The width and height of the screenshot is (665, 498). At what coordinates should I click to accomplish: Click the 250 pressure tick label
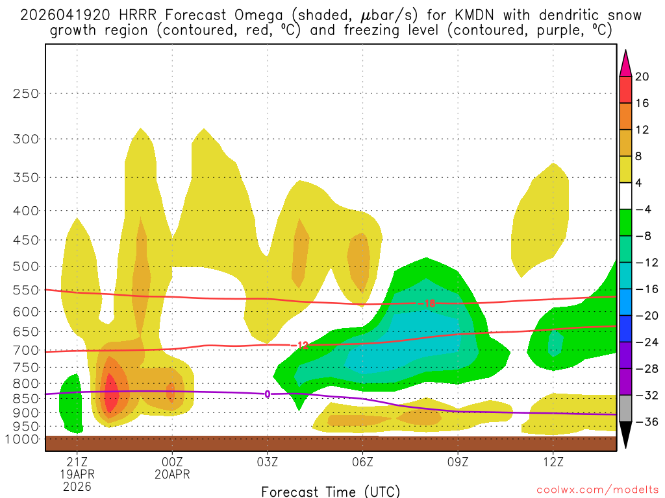26,93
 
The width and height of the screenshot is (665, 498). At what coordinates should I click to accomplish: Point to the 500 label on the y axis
26,267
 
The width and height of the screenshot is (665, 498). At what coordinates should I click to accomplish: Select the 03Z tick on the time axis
268,462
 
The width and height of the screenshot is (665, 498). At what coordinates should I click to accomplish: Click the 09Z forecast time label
458,462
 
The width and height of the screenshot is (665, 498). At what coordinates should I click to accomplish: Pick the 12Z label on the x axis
553,462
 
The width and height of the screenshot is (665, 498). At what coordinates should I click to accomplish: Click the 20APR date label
172,474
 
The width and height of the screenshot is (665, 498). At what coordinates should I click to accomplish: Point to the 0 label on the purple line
267,394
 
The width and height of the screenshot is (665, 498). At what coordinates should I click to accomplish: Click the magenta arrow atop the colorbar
625,64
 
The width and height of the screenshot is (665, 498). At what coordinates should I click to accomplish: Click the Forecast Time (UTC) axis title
331,491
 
